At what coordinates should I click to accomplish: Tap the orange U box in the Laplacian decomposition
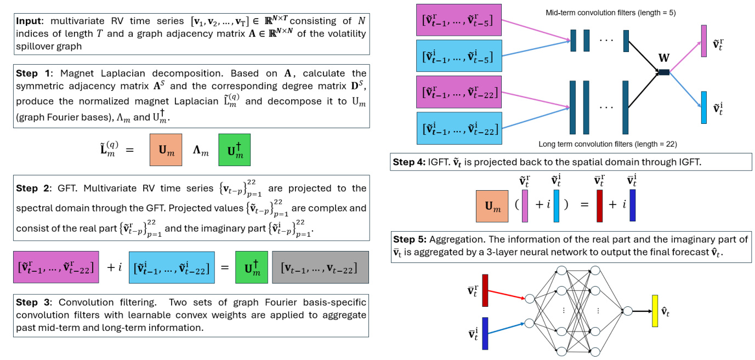[x=166, y=150]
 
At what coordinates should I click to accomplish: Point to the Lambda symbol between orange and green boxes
[x=201, y=151]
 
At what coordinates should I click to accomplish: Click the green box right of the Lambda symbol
[x=234, y=150]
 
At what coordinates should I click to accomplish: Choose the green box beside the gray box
[x=252, y=267]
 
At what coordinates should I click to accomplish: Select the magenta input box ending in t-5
[x=458, y=21]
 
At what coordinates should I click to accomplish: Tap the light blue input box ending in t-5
[x=458, y=56]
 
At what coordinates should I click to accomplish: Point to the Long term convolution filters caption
[x=608, y=144]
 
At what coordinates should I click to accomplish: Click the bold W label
[x=664, y=58]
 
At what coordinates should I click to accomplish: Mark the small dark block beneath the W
[x=663, y=72]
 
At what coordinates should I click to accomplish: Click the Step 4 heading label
[x=409, y=162]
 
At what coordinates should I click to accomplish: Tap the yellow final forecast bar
[x=655, y=311]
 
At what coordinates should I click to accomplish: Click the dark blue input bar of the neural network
[x=485, y=333]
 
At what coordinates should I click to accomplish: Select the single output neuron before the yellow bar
[x=627, y=311]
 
